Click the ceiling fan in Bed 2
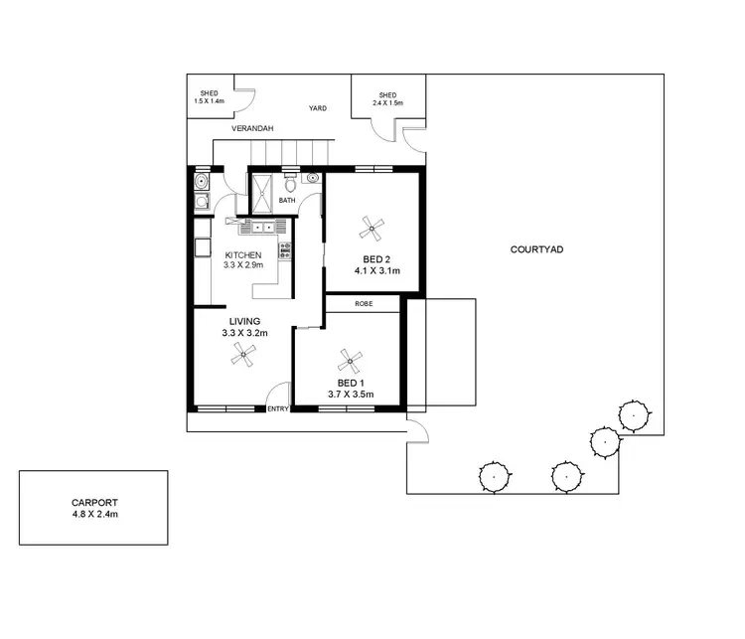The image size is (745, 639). (372, 228)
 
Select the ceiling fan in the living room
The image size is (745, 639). (244, 354)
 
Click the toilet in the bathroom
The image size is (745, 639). (290, 184)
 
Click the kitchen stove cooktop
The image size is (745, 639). (285, 250)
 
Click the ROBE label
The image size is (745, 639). (364, 304)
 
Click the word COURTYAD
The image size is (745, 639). (536, 249)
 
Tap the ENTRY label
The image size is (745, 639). (278, 408)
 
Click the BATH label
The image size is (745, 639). (287, 201)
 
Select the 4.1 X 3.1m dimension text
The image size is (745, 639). (376, 270)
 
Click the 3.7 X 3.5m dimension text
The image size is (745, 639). (351, 395)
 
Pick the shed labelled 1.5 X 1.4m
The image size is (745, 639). (209, 97)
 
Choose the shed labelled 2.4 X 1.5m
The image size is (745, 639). (388, 97)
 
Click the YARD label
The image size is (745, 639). (318, 109)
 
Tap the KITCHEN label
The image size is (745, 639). (242, 255)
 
